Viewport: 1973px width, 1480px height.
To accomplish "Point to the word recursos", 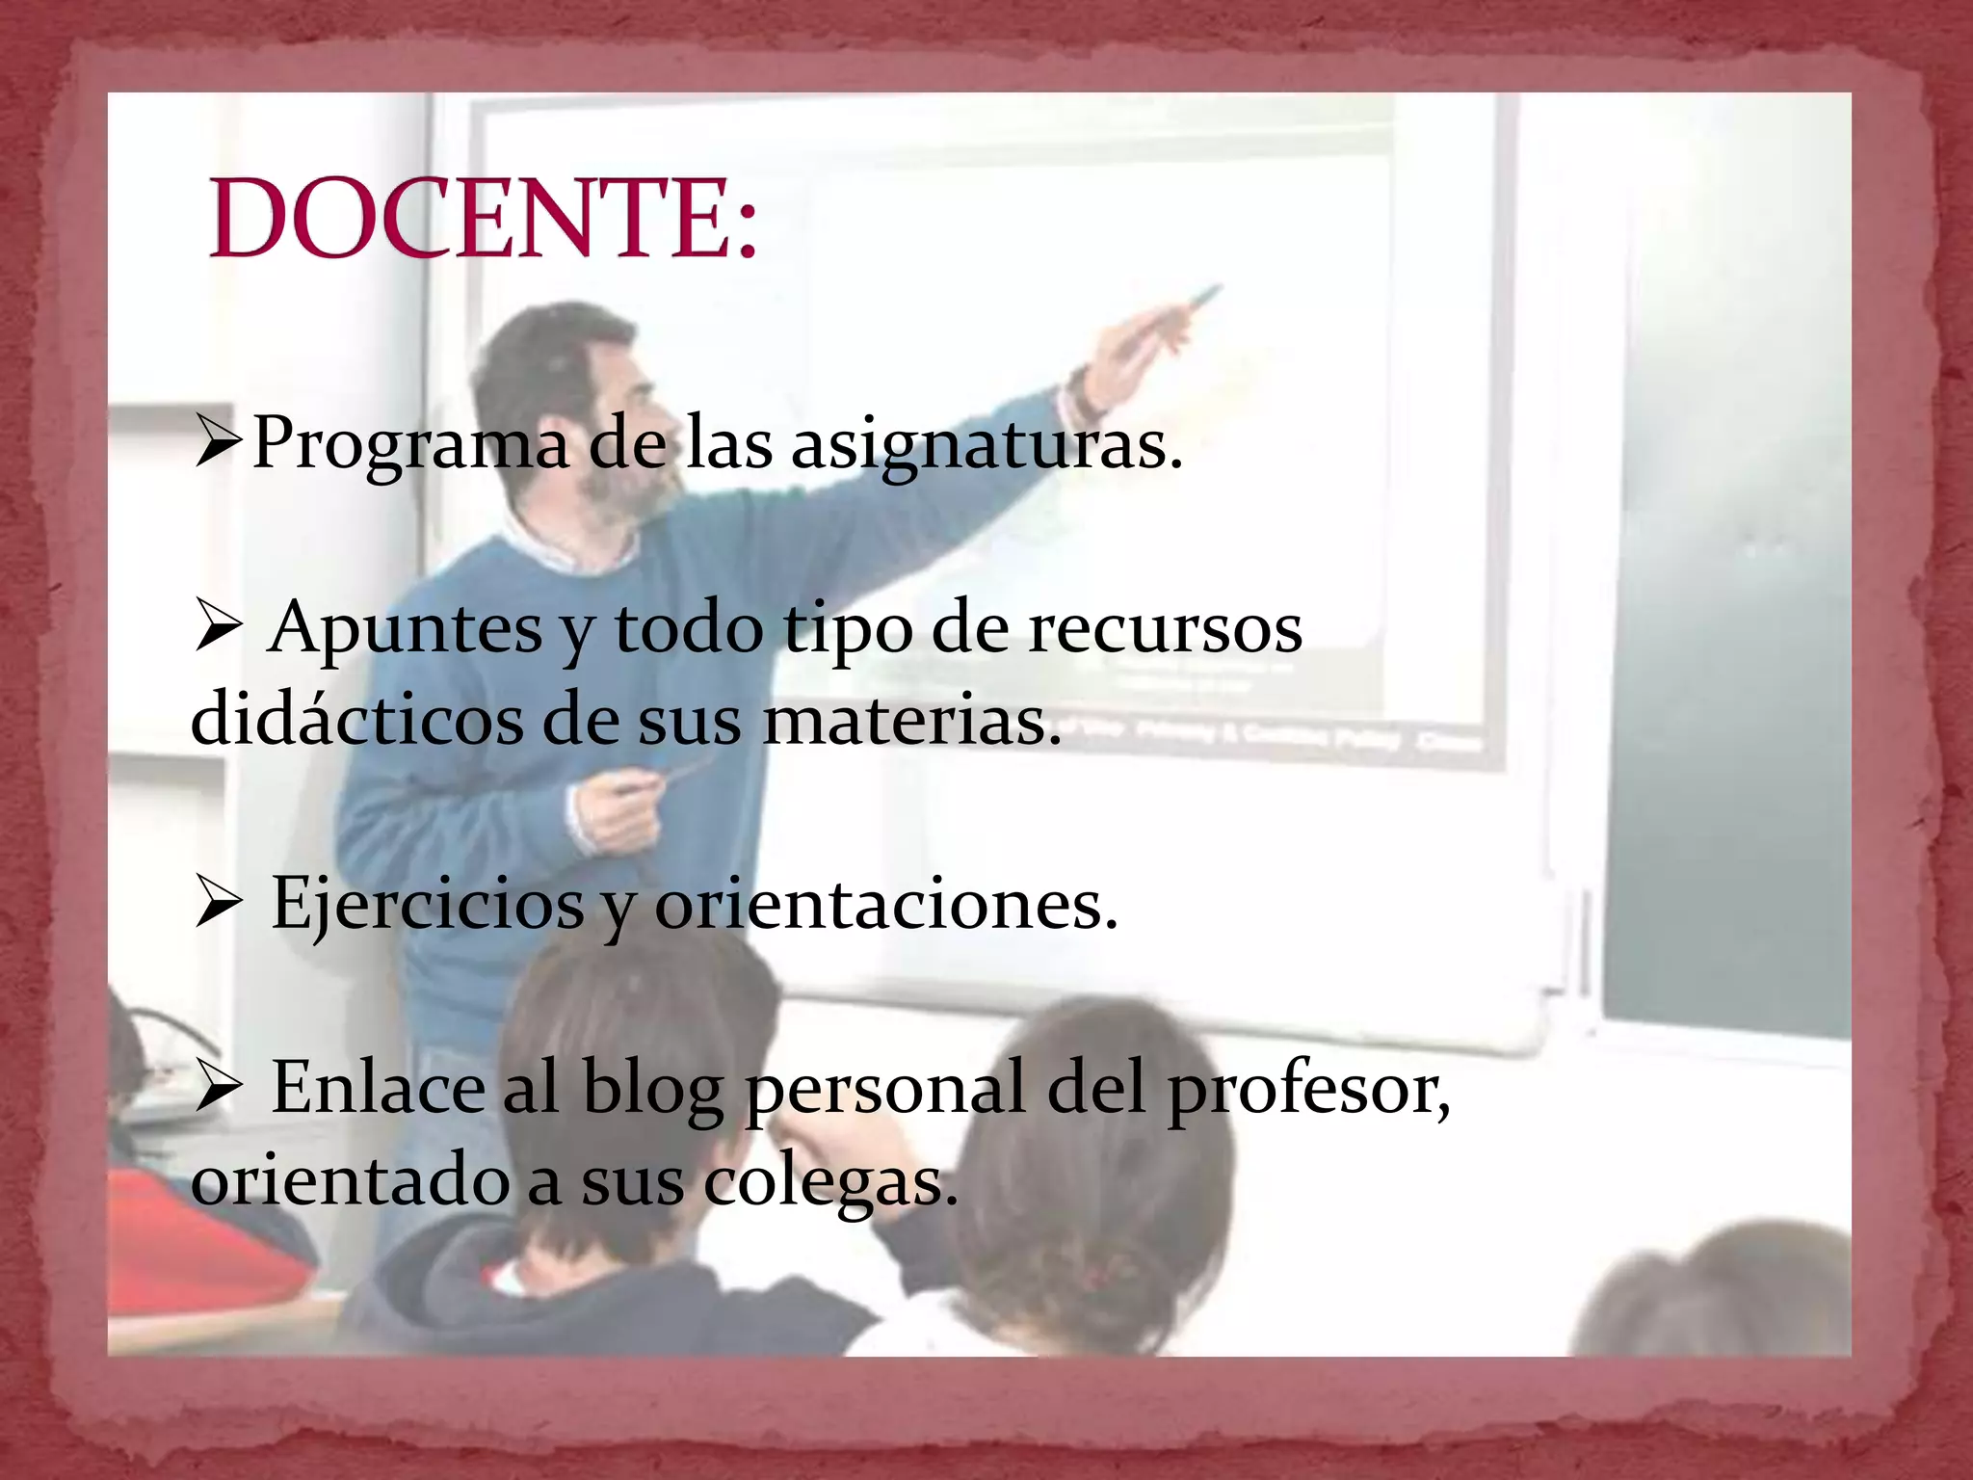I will (1165, 628).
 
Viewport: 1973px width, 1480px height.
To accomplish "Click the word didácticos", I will (356, 719).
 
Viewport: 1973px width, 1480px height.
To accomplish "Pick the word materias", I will (910, 719).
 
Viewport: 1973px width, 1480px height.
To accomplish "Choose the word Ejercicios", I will (427, 904).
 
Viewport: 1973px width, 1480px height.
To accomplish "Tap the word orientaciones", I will (885, 904).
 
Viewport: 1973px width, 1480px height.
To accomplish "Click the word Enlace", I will (378, 1087).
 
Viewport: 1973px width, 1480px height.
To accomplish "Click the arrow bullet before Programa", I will (219, 441).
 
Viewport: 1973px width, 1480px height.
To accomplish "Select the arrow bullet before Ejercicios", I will (219, 904).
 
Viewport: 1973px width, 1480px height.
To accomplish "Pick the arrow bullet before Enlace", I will (219, 1087).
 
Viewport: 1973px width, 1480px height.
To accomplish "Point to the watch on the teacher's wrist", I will (1081, 389).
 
